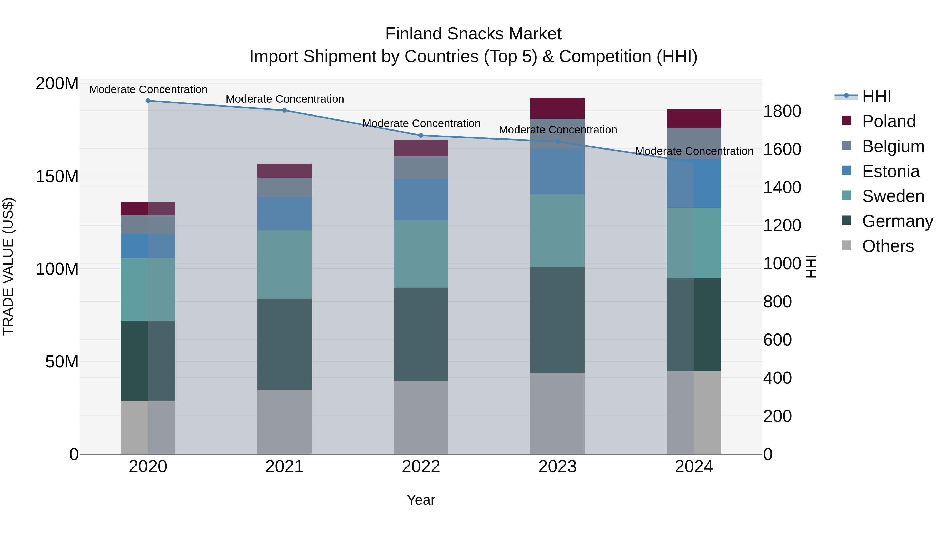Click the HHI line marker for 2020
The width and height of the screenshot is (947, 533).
[x=148, y=101]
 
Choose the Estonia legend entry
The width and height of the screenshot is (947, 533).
[x=890, y=171]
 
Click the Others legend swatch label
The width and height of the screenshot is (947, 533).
[x=888, y=246]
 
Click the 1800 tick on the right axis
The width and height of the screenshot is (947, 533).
[x=782, y=111]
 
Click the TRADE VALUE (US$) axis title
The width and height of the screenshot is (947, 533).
[x=8, y=266]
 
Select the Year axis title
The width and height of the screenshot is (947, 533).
[x=421, y=500]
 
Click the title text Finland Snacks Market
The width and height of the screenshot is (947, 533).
[x=473, y=34]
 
